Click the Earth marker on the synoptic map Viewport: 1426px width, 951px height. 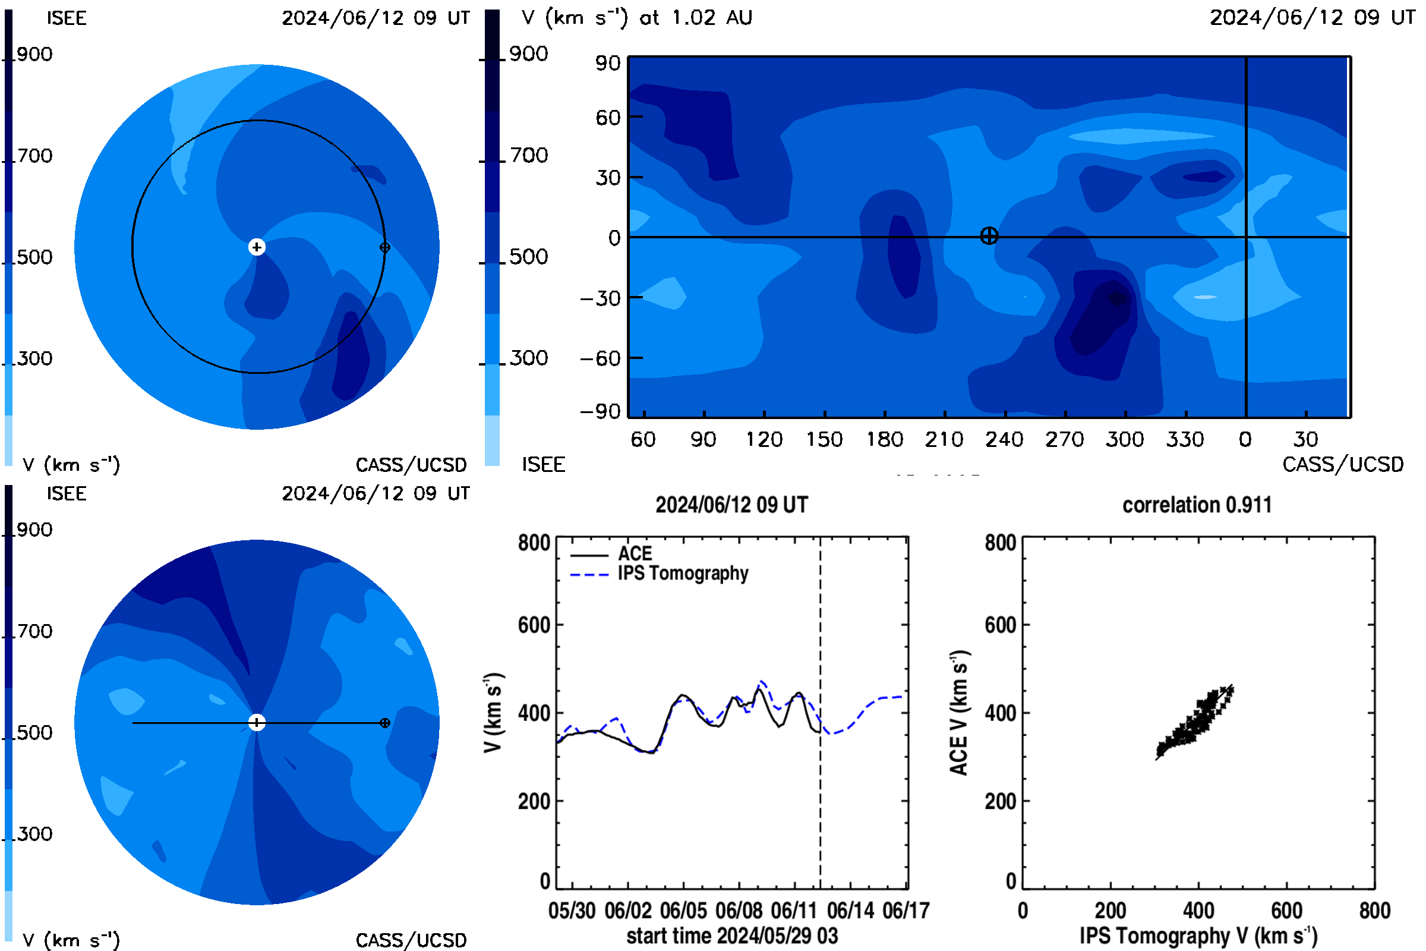989,236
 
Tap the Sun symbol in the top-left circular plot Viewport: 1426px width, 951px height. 257,247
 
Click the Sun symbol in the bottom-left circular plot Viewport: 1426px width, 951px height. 257,722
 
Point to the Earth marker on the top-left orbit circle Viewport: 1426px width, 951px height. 384,247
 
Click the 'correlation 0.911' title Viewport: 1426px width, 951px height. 1197,505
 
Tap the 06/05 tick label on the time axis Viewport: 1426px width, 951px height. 683,911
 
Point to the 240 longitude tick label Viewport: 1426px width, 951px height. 1005,439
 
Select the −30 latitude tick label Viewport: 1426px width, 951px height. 600,298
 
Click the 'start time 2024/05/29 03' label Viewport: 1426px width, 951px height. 733,936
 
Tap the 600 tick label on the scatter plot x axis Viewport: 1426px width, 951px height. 1286,911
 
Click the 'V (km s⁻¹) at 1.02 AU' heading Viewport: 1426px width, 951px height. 636,18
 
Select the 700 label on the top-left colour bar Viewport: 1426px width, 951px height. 34,156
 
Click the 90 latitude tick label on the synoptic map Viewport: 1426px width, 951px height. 607,63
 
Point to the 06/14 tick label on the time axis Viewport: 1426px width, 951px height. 851,911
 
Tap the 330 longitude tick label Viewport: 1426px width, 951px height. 1185,439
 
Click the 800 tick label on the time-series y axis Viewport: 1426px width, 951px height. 534,543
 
